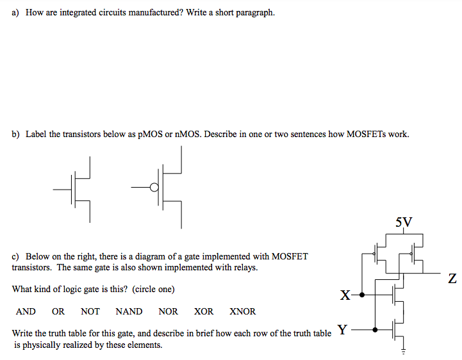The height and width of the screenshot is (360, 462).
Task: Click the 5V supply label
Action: (404, 222)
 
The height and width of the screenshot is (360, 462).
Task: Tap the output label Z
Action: (453, 279)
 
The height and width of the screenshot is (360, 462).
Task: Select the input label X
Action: (345, 295)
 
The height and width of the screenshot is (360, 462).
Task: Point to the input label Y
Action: (342, 330)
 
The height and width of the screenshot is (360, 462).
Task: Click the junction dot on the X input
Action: (363, 295)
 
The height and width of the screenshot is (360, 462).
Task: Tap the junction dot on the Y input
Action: (375, 330)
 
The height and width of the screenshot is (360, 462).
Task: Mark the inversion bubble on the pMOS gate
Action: (153, 187)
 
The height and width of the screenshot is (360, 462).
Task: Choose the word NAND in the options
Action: (129, 312)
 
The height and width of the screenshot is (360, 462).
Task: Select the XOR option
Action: (204, 312)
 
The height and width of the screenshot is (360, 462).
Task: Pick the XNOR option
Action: (242, 312)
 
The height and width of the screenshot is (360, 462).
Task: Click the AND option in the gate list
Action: (26, 312)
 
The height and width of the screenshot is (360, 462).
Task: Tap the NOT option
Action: (90, 312)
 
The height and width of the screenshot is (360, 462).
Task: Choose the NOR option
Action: (168, 312)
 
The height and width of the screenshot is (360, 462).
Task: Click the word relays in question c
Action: (244, 267)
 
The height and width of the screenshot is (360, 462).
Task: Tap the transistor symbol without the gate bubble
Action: (78, 188)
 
